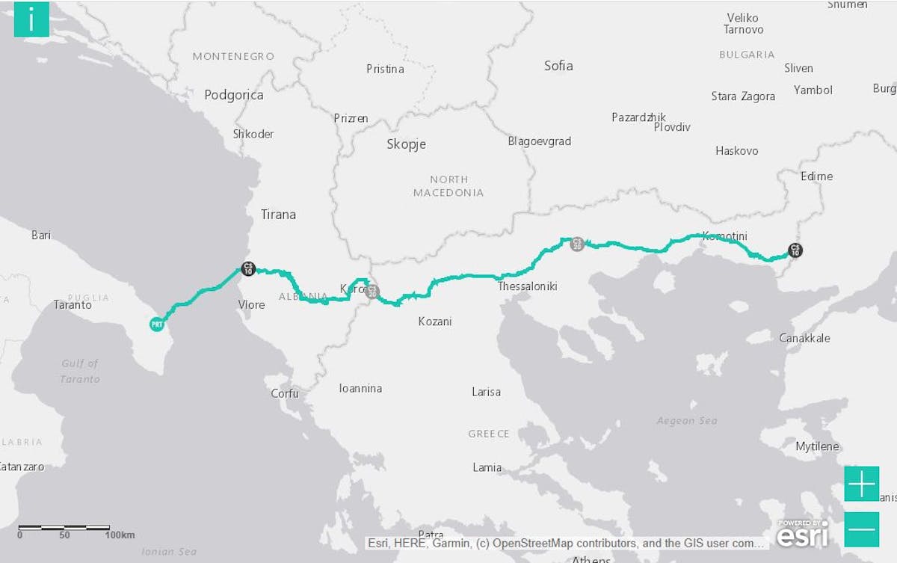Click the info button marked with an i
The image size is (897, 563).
pos(31,19)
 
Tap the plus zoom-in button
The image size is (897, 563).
pos(861,484)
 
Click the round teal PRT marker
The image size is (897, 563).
pos(156,324)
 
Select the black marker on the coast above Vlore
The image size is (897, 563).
pos(248,268)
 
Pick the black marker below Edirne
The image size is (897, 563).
pos(795,250)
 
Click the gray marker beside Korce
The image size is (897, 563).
pos(372,291)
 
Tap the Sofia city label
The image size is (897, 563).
pos(558,66)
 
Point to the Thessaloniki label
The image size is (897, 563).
pos(527,286)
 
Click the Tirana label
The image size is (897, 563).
pos(278,215)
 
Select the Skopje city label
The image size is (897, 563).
pos(406,144)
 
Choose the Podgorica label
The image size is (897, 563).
pos(234,95)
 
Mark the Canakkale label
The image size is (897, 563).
pos(804,338)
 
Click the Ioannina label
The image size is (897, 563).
pos(360,388)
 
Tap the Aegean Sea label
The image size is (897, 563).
pos(686,421)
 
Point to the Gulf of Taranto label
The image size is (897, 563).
pos(80,371)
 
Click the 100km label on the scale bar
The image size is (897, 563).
pos(120,535)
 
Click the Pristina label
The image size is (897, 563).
pos(385,69)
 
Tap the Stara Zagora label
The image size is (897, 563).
pos(743,96)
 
